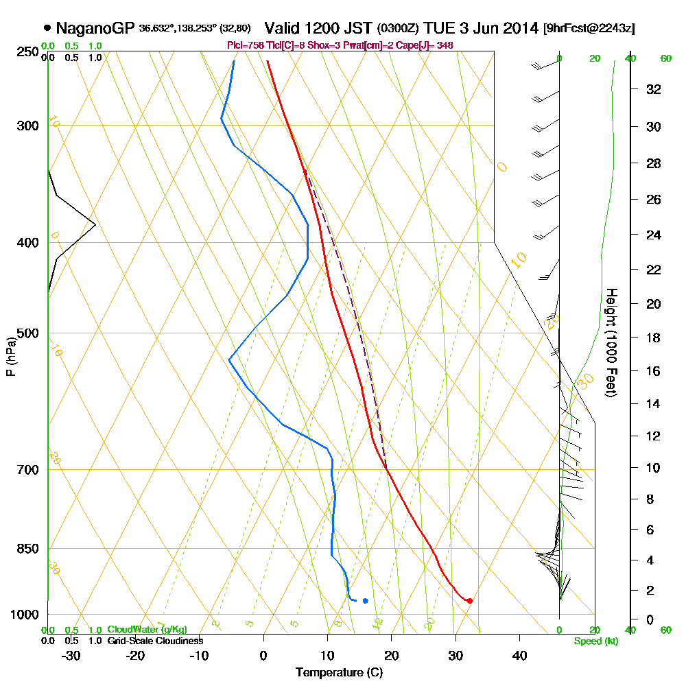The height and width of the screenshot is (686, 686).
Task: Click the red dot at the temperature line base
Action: pyautogui.click(x=469, y=601)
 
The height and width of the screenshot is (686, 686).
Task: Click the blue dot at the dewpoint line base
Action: pyautogui.click(x=365, y=601)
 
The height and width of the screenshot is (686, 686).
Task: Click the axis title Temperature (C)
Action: pyautogui.click(x=339, y=673)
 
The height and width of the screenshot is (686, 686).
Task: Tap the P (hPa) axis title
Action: pyautogui.click(x=10, y=356)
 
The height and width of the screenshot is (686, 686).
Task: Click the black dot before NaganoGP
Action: pyautogui.click(x=47, y=28)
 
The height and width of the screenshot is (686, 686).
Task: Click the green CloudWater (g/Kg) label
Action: pyautogui.click(x=147, y=630)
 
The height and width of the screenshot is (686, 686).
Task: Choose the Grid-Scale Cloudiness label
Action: pyautogui.click(x=155, y=641)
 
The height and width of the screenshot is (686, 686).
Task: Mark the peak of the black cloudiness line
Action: pyautogui.click(x=95, y=224)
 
